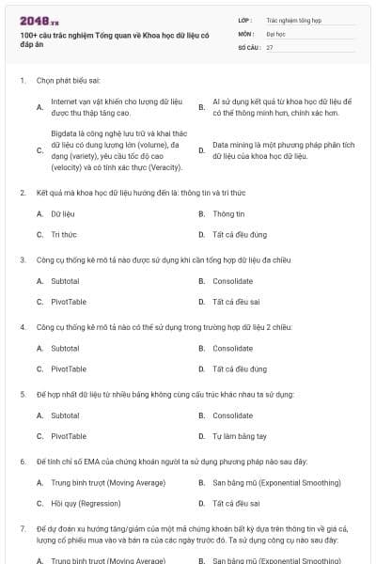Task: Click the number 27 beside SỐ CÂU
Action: tap(270, 46)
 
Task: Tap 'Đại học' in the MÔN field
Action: tap(276, 33)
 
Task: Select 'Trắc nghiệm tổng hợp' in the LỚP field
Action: tap(293, 19)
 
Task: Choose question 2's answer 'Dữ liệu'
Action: tap(63, 213)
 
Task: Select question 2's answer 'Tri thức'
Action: tap(64, 234)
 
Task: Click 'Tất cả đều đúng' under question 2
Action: tap(240, 234)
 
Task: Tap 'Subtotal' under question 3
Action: tap(65, 281)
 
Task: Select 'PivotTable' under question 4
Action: tap(69, 368)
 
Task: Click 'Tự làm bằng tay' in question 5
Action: tap(240, 436)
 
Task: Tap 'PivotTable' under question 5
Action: tap(69, 436)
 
